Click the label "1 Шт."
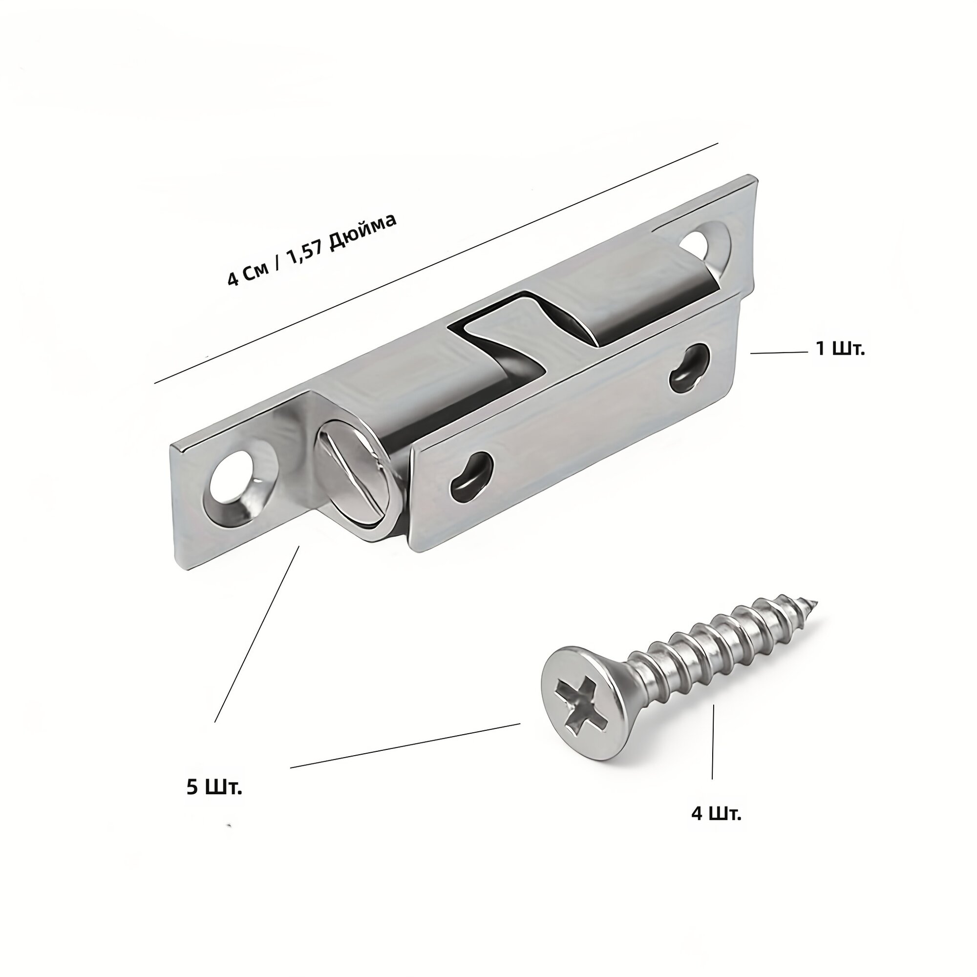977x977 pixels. (x=840, y=349)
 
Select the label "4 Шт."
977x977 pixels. (x=716, y=828)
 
